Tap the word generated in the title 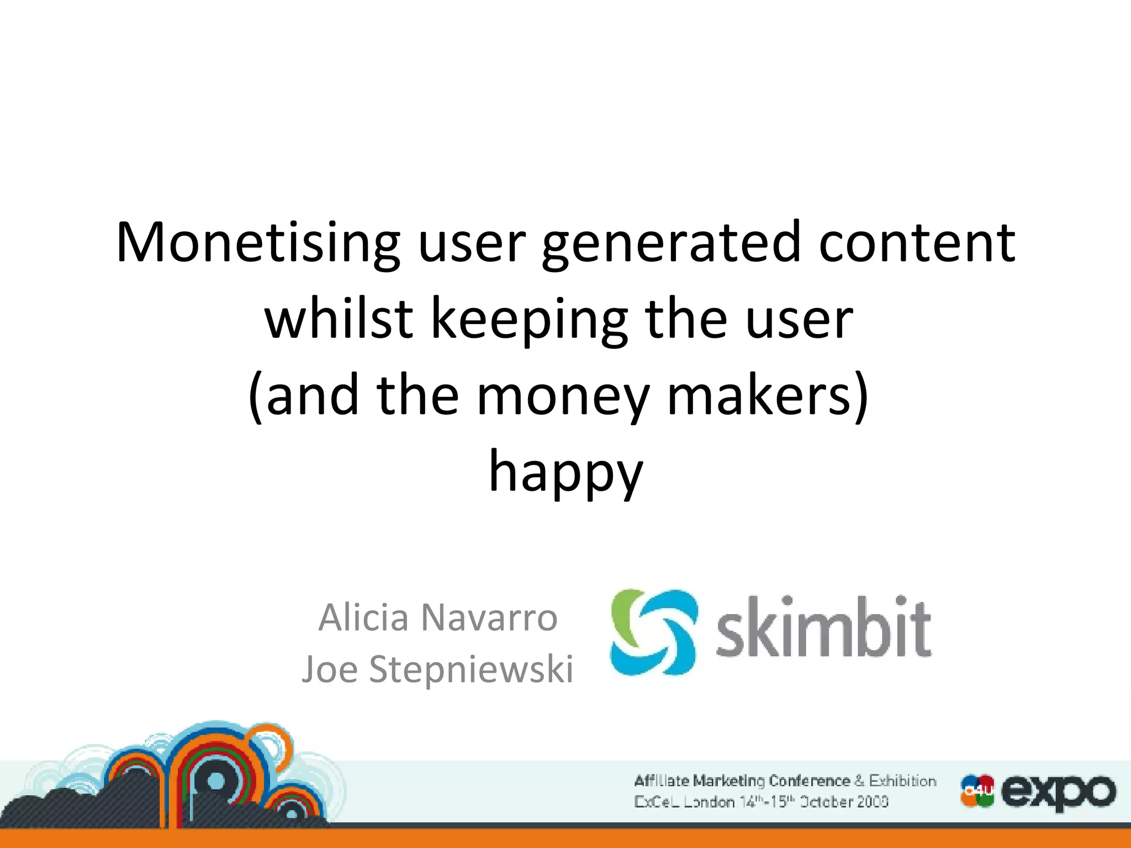(671, 243)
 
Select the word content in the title (916, 243)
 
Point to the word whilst (339, 320)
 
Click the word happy (566, 473)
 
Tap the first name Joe (329, 669)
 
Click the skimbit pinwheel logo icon (653, 632)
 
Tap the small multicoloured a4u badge (977, 791)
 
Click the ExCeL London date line (761, 802)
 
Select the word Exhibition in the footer (902, 781)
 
